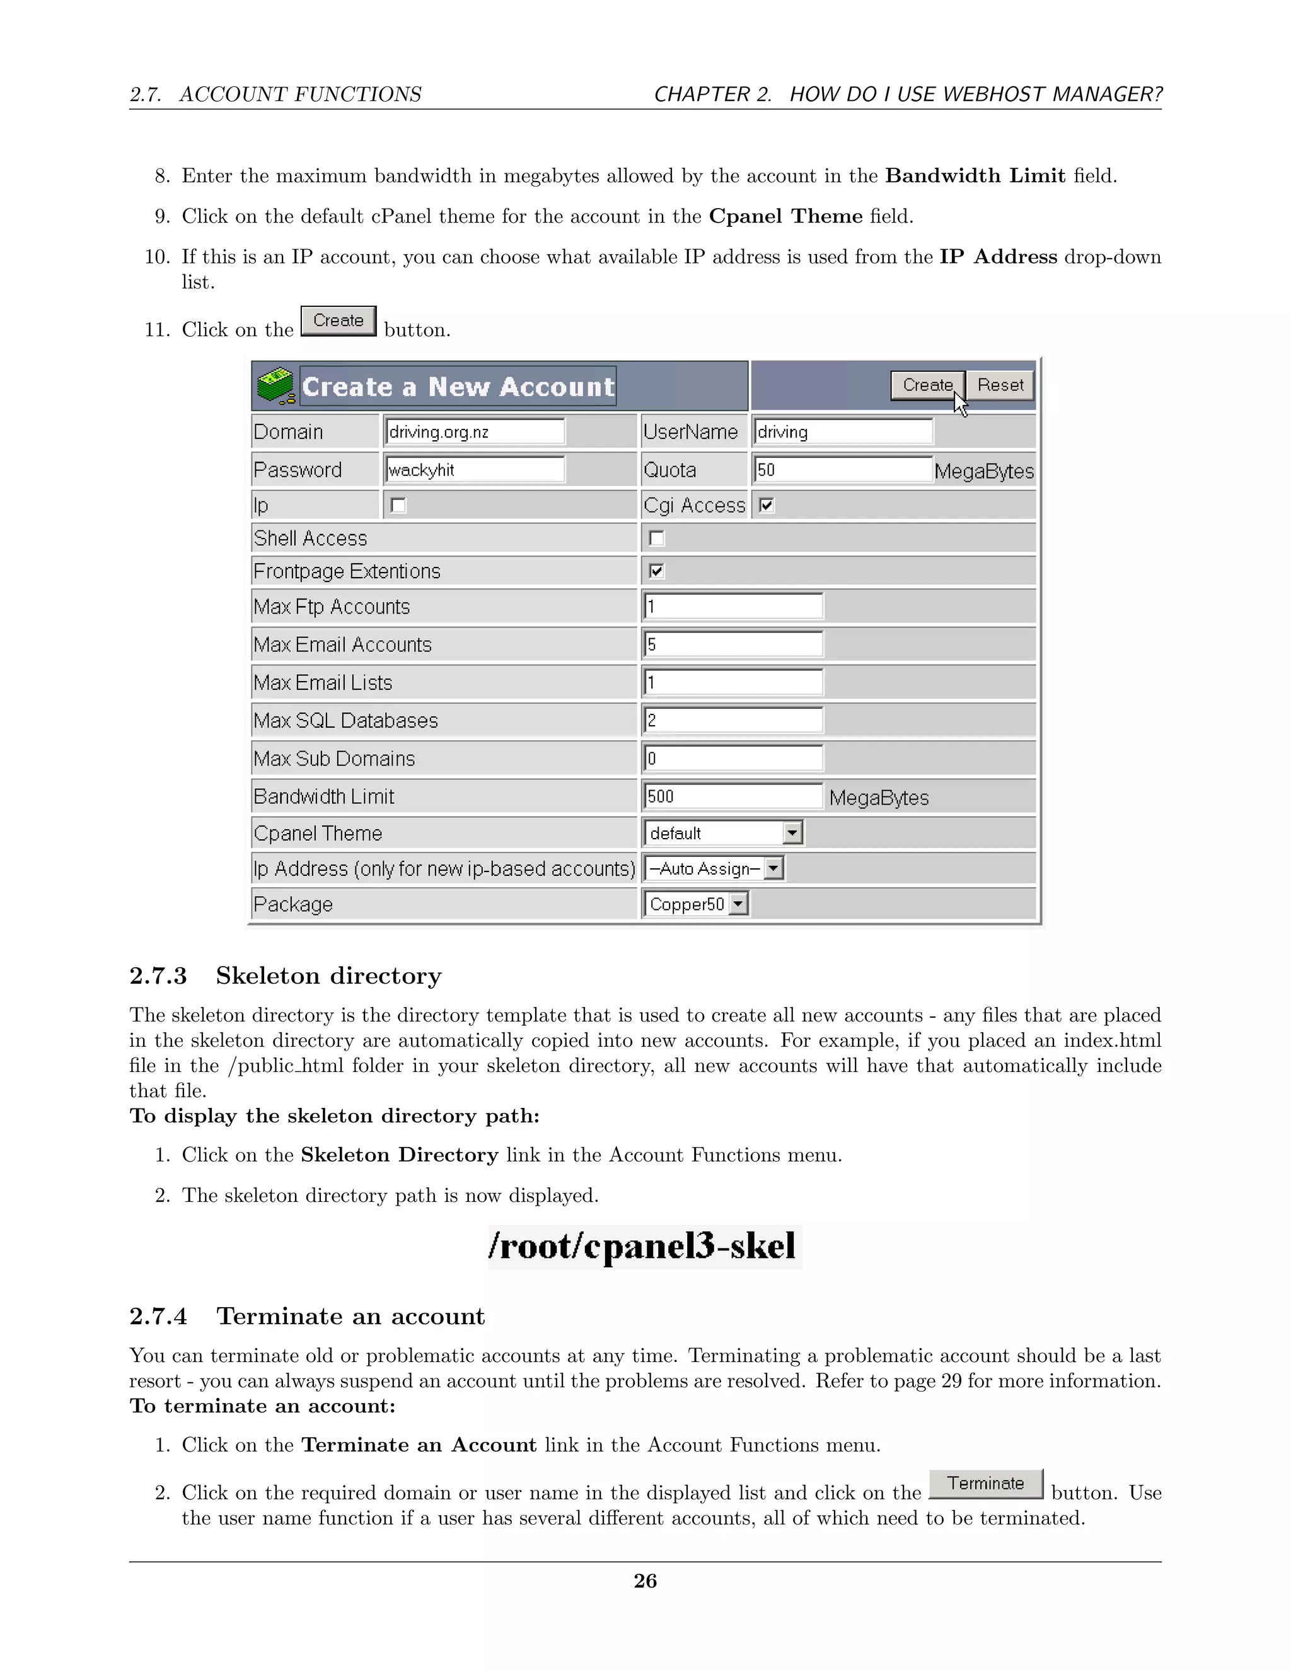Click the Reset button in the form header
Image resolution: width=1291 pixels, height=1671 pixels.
pyautogui.click(x=1000, y=385)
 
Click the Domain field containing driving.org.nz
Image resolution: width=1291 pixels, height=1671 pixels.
pyautogui.click(x=475, y=431)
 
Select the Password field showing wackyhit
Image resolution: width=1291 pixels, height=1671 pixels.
pyautogui.click(x=475, y=470)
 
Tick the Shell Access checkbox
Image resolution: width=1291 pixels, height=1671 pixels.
pyautogui.click(x=656, y=539)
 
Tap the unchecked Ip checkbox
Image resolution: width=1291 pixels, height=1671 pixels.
pyautogui.click(x=398, y=505)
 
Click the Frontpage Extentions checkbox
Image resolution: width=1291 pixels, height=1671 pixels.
pyautogui.click(x=656, y=571)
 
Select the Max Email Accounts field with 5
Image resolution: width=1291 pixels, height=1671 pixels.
pyautogui.click(x=732, y=644)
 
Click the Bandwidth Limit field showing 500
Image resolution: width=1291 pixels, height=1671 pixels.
pyautogui.click(x=732, y=796)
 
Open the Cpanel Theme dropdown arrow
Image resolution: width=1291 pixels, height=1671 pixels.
pyautogui.click(x=793, y=832)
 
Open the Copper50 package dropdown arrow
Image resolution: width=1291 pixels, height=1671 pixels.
pyautogui.click(x=738, y=904)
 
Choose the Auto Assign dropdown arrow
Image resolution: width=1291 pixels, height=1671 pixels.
pyautogui.click(x=774, y=868)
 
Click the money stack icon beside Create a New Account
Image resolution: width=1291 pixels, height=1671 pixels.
pyautogui.click(x=276, y=387)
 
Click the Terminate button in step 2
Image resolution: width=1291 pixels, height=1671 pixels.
pyautogui.click(x=986, y=1484)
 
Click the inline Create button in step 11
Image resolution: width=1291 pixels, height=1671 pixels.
pyautogui.click(x=338, y=320)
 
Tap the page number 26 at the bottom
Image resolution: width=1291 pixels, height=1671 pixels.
pyautogui.click(x=645, y=1580)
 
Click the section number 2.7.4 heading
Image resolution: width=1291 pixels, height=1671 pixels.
pyautogui.click(x=158, y=1316)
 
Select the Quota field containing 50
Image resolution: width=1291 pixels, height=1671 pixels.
pyautogui.click(x=842, y=470)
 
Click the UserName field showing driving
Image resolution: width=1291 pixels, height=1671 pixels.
pyautogui.click(x=842, y=431)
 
